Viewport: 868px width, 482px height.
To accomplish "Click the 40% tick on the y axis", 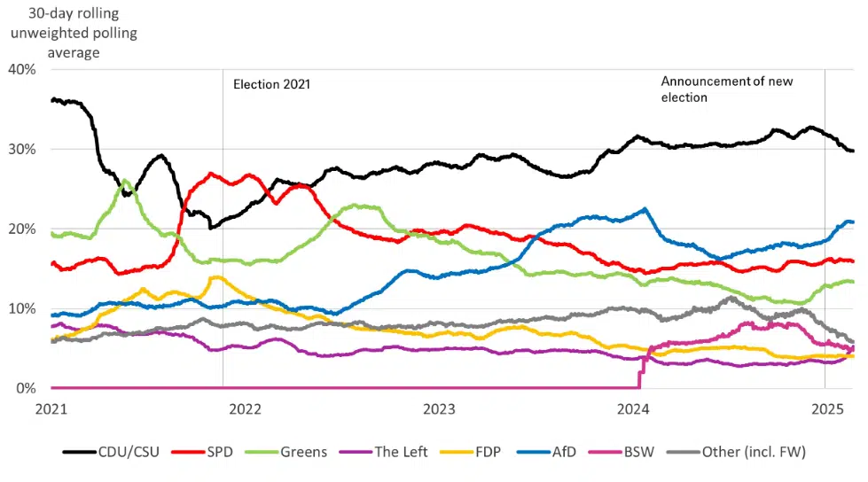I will click(22, 69).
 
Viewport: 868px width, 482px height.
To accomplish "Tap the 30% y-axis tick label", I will click(22, 149).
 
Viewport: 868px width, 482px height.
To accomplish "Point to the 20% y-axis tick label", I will click(22, 229).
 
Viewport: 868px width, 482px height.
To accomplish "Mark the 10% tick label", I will click(22, 308).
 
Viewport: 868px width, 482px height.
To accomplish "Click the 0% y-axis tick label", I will click(26, 388).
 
